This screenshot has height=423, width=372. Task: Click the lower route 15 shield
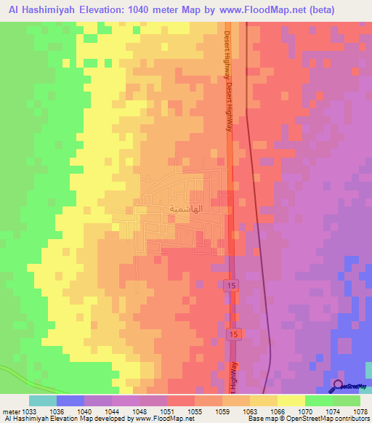[x=232, y=334]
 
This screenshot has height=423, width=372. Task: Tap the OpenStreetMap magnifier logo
[x=337, y=386]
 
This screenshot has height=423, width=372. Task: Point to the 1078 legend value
[x=360, y=411]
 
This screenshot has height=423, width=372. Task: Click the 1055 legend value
[x=195, y=411]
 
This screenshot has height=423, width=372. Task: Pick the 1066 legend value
[x=278, y=411]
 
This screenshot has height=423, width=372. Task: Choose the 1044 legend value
[x=112, y=411]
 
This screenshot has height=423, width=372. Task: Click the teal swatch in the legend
[x=42, y=400]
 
